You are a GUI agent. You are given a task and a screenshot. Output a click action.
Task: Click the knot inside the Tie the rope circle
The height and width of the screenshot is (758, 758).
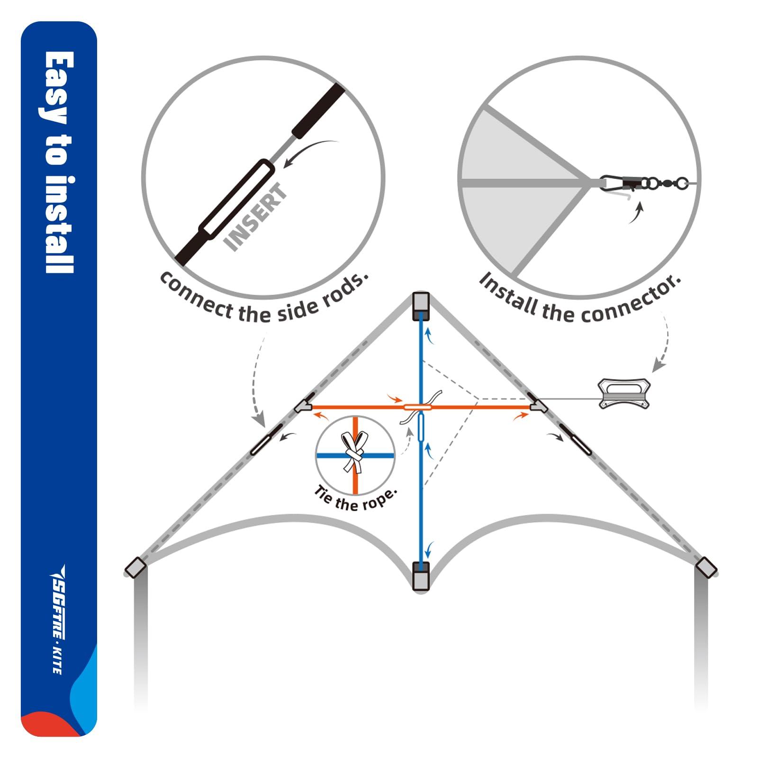pos(355,453)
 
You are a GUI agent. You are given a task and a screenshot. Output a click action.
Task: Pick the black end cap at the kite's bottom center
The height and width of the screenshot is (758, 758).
pos(421,576)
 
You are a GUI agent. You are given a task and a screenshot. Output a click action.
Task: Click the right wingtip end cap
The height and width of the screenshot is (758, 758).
pos(706,567)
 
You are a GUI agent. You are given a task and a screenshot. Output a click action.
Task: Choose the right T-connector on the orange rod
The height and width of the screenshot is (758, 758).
pos(538,406)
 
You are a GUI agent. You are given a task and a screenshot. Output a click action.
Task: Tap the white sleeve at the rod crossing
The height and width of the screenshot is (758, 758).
pos(417,407)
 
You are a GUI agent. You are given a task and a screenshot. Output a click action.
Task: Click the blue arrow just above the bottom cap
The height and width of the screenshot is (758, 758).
pos(429,550)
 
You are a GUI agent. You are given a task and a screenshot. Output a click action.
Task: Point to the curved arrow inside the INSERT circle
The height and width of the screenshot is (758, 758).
pos(310,152)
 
